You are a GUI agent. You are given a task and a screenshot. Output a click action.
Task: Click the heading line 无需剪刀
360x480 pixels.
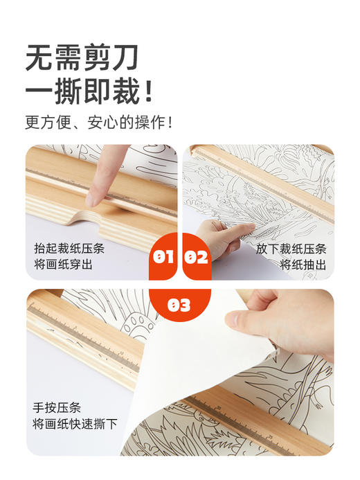82,58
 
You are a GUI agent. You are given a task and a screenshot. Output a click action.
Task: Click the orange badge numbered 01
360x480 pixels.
163,258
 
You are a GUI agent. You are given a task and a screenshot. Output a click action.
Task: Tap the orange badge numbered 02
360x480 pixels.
196,258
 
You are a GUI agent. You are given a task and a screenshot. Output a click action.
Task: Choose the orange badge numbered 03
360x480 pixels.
179,305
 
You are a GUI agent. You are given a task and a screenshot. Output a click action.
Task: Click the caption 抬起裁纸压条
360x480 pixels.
71,248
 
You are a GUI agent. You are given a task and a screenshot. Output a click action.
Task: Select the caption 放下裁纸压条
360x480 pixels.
291,248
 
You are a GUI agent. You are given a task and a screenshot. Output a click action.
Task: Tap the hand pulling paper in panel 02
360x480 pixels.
220,237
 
